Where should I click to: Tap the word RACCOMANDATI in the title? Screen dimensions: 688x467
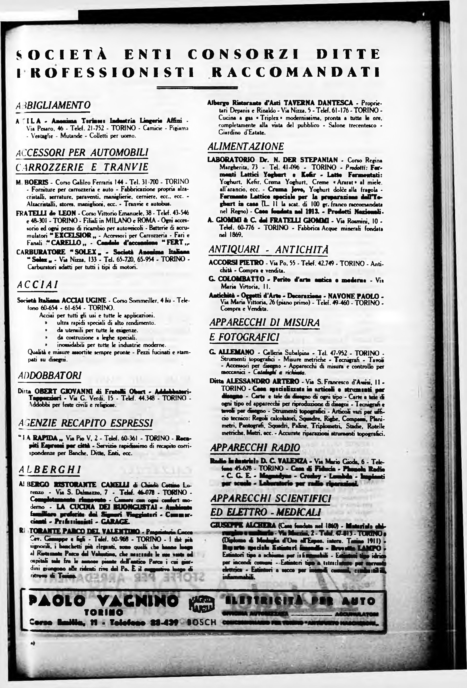[x=296, y=72]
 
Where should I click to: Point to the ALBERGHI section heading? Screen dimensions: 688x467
[x=50, y=469]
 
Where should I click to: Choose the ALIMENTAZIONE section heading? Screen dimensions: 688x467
[x=246, y=146]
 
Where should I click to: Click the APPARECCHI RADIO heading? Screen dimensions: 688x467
[x=255, y=448]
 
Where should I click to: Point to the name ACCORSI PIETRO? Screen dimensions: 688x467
[x=236, y=263]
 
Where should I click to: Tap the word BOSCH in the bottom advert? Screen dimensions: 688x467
[x=202, y=622]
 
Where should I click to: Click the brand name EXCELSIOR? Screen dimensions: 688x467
[x=73, y=235]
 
